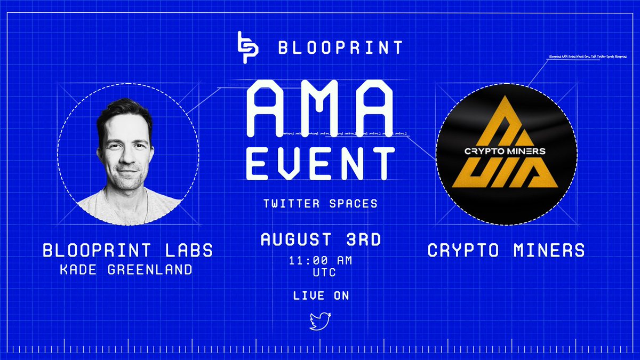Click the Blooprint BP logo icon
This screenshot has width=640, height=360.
249,48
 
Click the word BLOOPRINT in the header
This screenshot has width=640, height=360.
340,48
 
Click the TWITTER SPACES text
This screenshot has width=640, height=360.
320,204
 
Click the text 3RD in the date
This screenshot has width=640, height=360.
362,239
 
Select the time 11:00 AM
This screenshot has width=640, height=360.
320,261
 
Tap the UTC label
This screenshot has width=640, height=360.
320,273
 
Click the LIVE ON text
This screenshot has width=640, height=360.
321,295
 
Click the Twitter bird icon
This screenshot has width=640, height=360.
321,322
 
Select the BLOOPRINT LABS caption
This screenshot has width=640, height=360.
128,251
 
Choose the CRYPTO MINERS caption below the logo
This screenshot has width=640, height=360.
506,251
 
